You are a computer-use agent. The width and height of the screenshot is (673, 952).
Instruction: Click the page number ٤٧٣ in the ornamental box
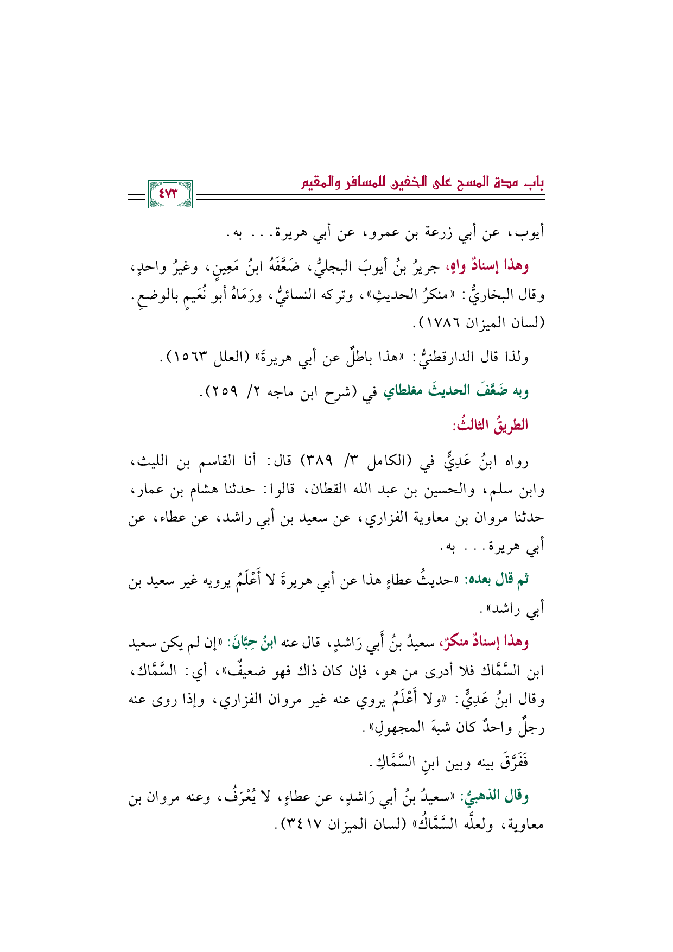[170, 194]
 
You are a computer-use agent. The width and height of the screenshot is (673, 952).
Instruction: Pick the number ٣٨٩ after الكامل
[318, 462]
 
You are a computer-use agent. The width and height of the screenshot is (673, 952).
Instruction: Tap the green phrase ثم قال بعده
[500, 580]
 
